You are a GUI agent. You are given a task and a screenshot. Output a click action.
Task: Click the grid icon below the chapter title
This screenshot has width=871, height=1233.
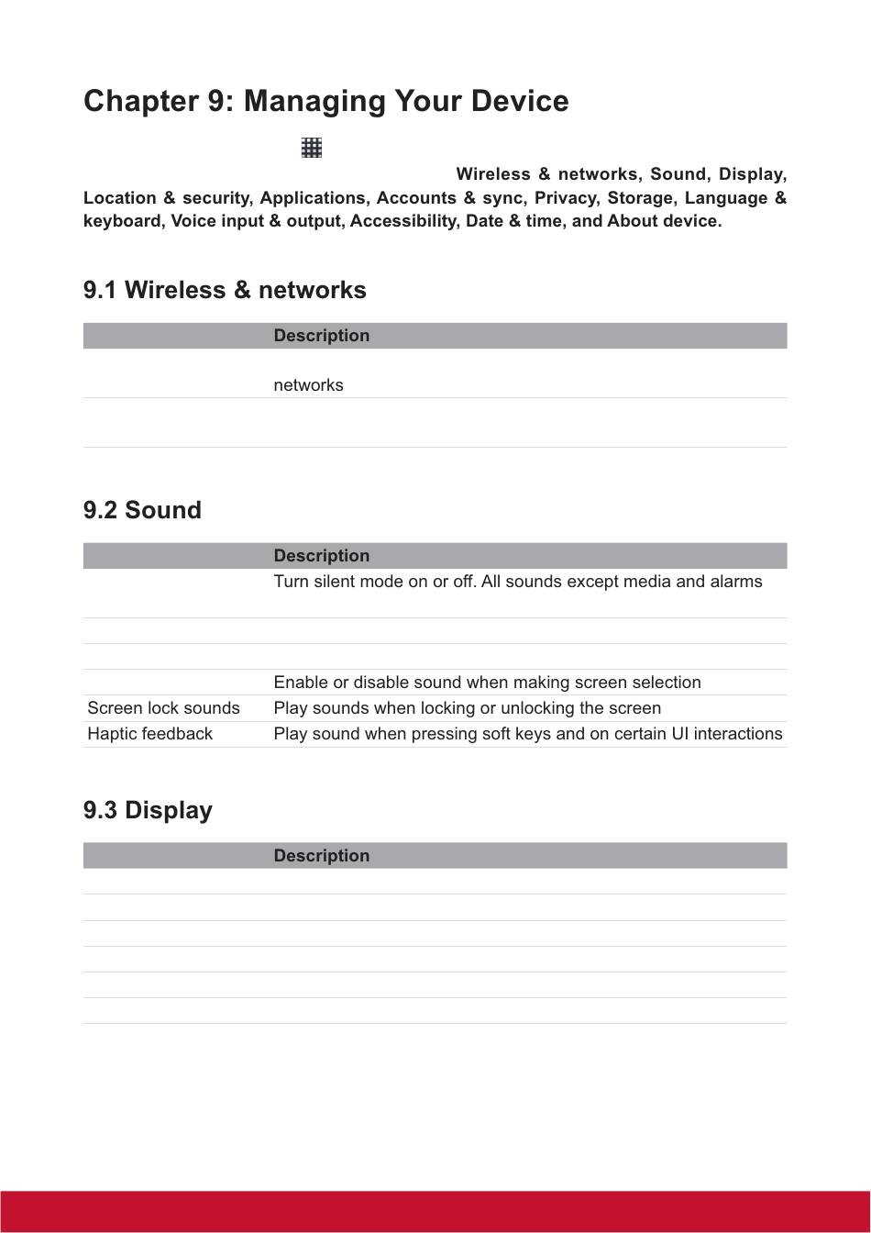[x=312, y=148]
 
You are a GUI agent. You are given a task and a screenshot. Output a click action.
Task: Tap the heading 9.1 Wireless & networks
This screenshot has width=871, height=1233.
[x=225, y=290]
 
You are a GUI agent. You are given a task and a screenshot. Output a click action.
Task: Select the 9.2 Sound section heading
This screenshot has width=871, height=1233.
[x=142, y=510]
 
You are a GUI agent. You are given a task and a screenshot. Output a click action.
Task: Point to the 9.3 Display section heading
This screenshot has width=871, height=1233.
[x=148, y=810]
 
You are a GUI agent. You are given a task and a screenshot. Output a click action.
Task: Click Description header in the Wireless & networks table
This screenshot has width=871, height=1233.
[x=321, y=336]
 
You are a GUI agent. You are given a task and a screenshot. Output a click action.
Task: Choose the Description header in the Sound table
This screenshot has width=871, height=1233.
[x=321, y=556]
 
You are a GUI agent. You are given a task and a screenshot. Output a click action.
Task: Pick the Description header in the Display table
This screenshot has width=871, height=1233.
[x=321, y=856]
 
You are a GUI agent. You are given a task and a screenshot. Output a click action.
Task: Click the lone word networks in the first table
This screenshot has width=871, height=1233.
[x=308, y=385]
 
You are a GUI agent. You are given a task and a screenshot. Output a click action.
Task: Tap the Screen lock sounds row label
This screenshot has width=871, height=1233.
[x=163, y=708]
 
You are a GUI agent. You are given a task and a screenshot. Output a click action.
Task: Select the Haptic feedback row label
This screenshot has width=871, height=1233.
[x=149, y=734]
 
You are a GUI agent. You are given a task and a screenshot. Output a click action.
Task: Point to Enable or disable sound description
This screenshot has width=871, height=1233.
[x=487, y=683]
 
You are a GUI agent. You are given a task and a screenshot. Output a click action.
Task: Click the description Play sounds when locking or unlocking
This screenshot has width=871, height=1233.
[x=467, y=708]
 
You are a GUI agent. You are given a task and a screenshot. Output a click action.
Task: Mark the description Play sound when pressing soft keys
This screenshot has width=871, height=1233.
[x=527, y=734]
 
